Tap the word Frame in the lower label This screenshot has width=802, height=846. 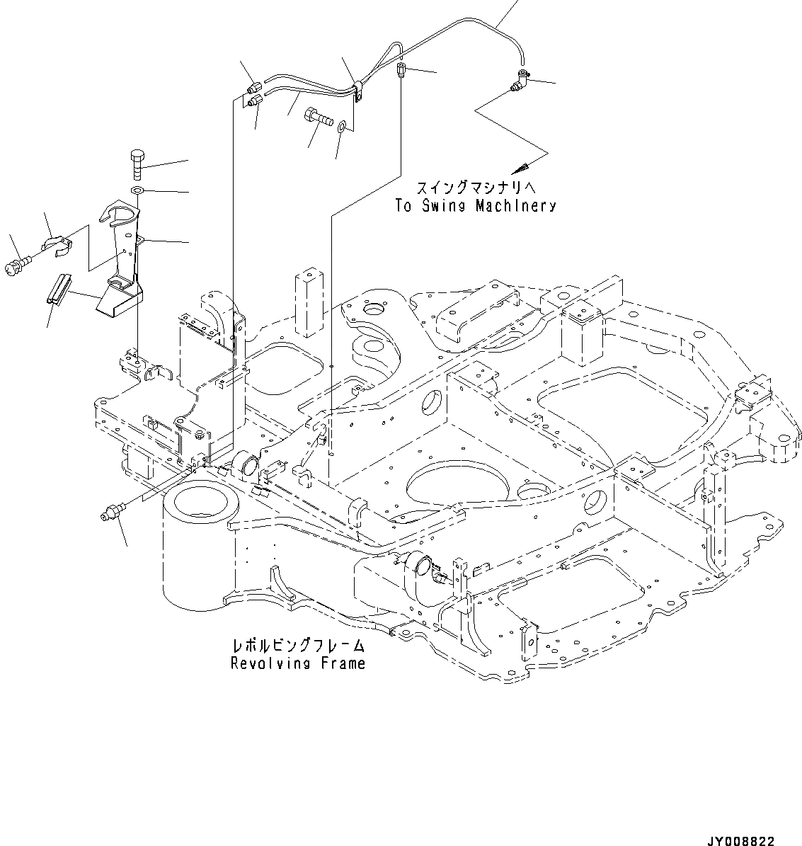(x=342, y=663)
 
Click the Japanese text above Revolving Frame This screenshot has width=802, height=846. (x=298, y=646)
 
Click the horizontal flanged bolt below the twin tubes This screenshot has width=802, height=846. (x=318, y=116)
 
